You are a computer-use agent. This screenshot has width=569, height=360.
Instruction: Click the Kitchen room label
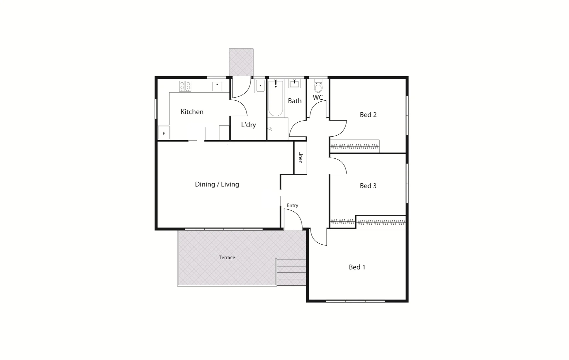192,112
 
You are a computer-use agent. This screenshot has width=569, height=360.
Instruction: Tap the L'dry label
248,125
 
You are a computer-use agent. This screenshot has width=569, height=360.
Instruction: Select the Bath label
295,101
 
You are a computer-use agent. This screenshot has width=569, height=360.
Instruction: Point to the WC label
318,98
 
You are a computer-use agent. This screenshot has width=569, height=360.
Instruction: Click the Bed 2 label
368,115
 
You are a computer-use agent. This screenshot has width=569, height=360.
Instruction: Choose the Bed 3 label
368,186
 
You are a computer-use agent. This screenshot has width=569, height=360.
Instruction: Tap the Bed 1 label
357,267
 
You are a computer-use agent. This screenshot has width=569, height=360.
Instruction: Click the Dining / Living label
217,184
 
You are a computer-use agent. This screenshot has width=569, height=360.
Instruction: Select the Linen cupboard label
301,157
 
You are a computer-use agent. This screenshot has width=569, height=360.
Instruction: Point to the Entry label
292,206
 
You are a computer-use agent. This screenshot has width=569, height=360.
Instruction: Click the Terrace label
227,258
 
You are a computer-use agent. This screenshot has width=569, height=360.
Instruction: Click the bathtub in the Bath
275,98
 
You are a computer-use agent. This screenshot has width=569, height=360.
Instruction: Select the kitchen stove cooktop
185,86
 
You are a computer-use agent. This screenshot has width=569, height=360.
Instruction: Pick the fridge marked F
164,133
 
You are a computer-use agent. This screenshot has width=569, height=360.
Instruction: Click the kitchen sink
217,86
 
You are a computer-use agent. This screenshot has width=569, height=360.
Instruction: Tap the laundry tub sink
260,86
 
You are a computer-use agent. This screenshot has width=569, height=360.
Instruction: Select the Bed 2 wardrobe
355,146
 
